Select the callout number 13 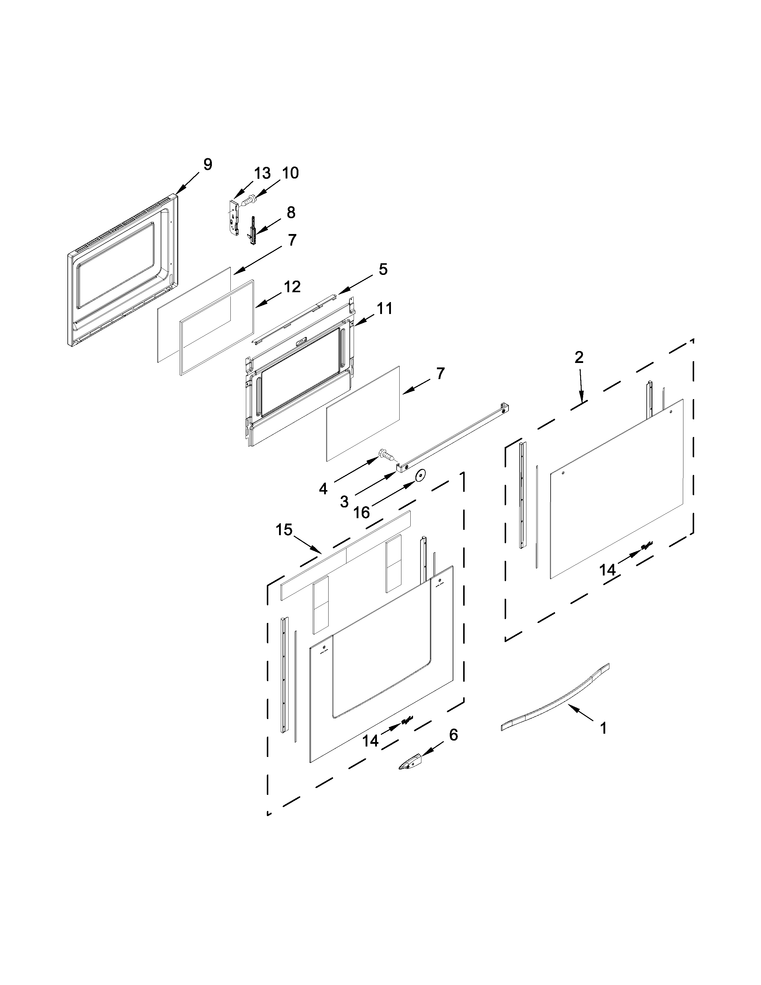(262, 173)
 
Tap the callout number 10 (290, 173)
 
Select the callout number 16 (362, 512)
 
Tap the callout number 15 (284, 530)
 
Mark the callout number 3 (344, 501)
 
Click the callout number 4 (323, 488)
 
